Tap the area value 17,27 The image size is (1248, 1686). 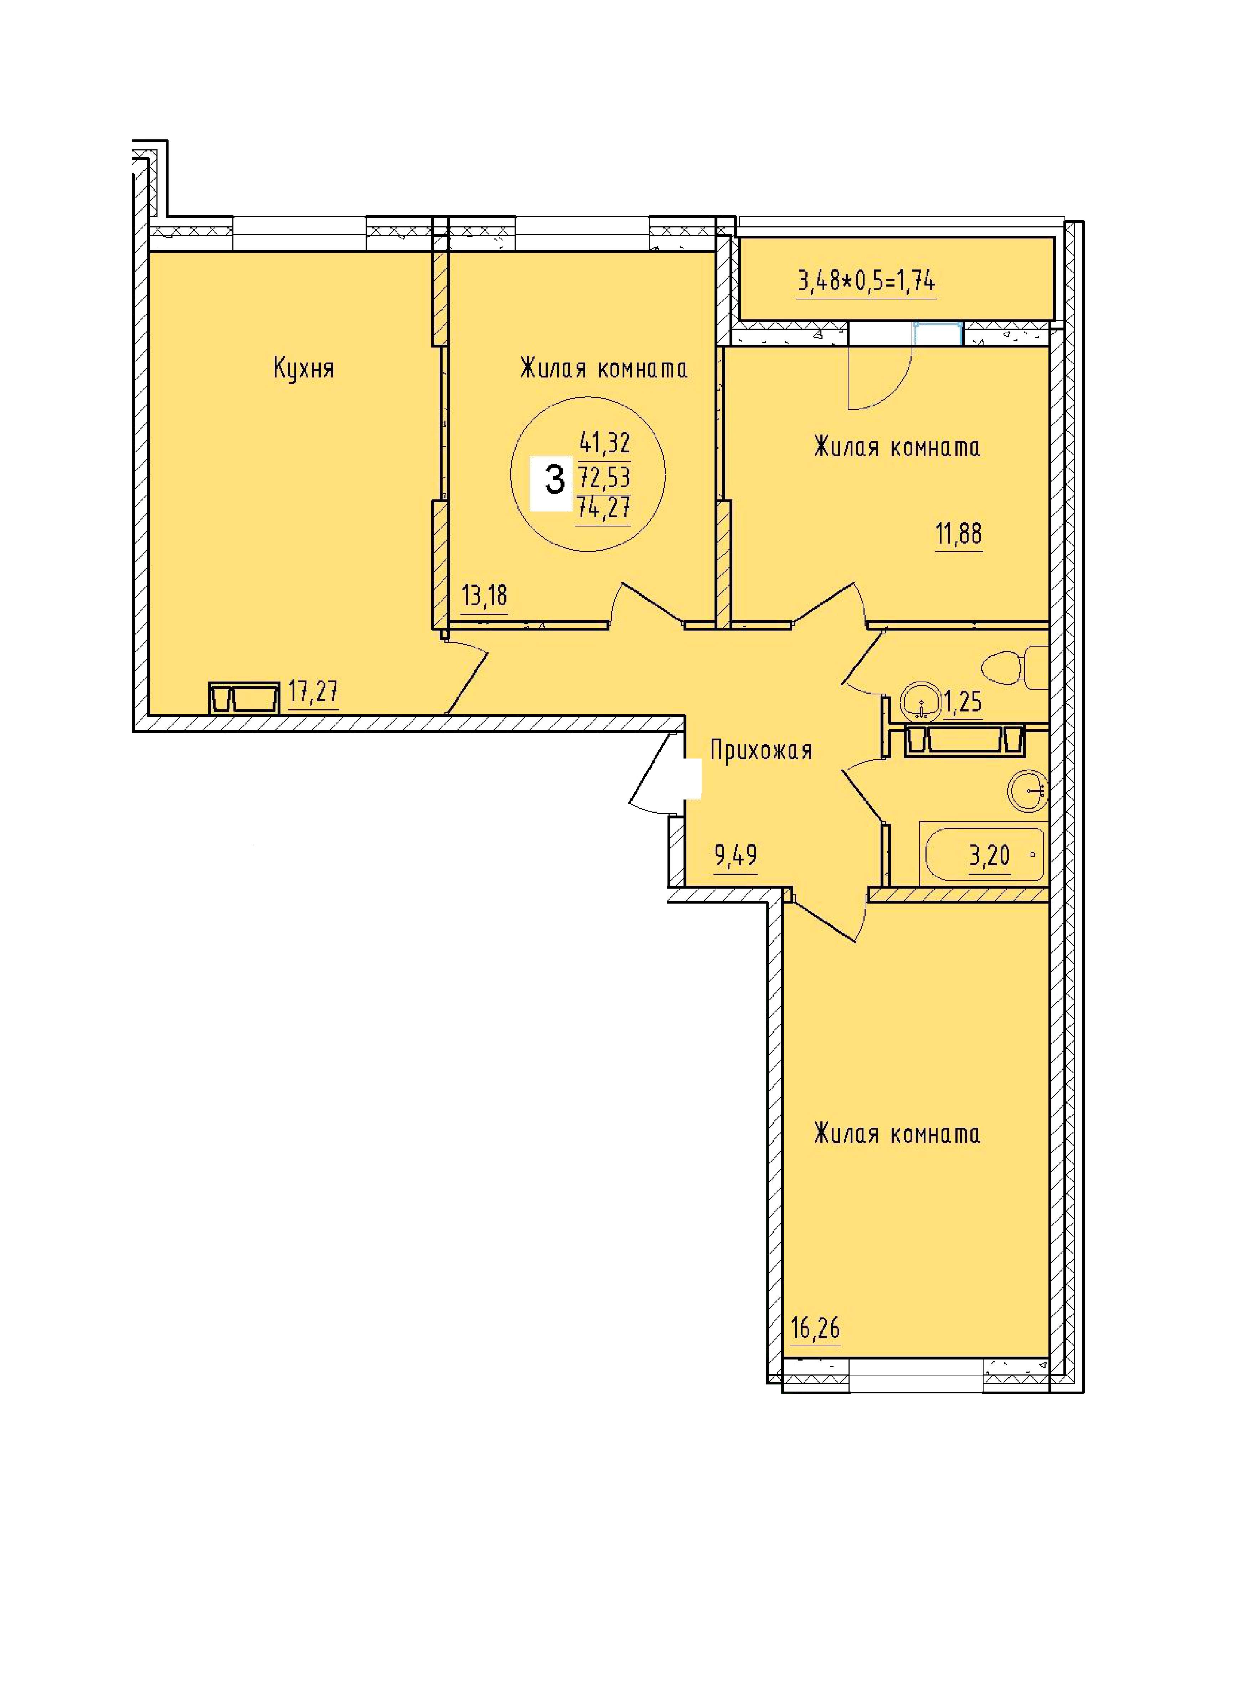(313, 692)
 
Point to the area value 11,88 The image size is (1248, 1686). (959, 534)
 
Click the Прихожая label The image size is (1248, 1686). (761, 750)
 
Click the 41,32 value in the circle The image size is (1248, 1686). (604, 441)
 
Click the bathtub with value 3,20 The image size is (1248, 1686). (983, 855)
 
